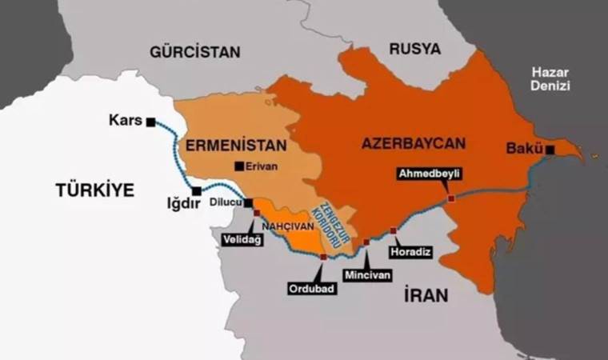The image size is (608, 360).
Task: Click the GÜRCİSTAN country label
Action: (x=194, y=52)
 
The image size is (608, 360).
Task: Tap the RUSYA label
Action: (x=415, y=49)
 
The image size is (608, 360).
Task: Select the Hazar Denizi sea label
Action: (x=550, y=79)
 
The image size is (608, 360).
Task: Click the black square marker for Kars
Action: (x=150, y=122)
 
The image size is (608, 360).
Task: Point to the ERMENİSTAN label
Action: (x=224, y=146)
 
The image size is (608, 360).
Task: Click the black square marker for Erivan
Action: (x=238, y=166)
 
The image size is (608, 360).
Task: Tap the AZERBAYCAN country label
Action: (x=413, y=144)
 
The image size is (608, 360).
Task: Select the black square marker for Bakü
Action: (x=550, y=149)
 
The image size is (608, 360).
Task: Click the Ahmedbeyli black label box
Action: (x=430, y=174)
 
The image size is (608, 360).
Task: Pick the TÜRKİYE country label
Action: (x=95, y=190)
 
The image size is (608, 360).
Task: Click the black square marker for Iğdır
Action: (x=196, y=190)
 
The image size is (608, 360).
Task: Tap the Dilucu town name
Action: (x=225, y=203)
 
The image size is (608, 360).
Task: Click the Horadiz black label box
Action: (x=410, y=252)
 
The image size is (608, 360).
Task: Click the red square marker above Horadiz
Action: (x=393, y=230)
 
